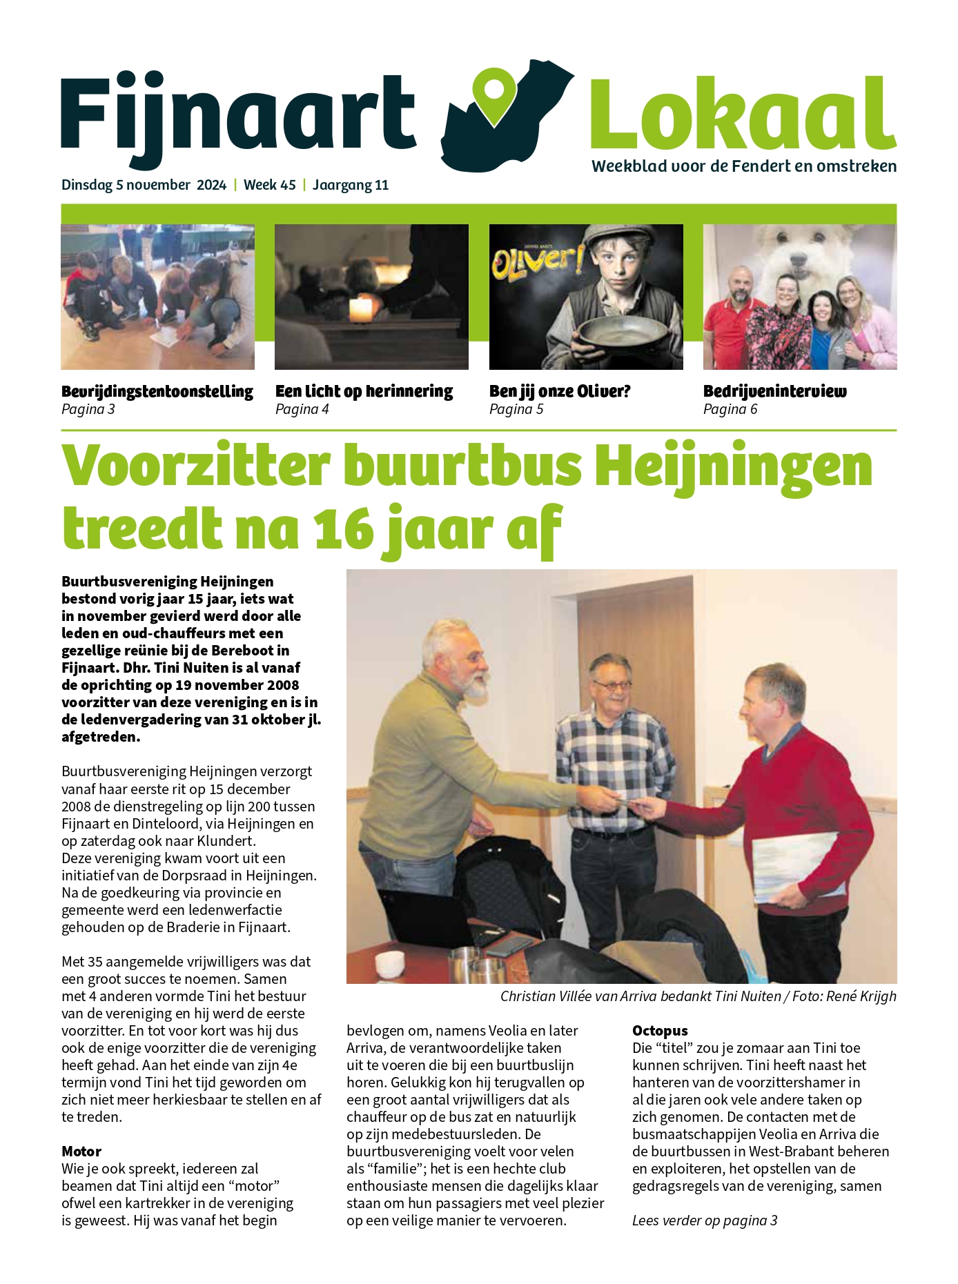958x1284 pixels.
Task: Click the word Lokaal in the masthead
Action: (x=743, y=114)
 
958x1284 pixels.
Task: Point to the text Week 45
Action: (x=270, y=185)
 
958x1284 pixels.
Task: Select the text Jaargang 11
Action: (x=351, y=185)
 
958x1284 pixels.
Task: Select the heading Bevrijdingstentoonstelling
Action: (x=157, y=391)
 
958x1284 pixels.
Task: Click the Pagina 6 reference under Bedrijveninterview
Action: (x=730, y=409)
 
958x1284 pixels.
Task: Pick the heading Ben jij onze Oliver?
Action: (x=560, y=391)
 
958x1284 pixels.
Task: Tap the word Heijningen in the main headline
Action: (x=734, y=466)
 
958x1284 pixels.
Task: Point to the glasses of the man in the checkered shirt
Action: (x=612, y=685)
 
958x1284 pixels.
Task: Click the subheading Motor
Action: (x=81, y=1152)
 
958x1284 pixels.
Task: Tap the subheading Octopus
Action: (x=660, y=1031)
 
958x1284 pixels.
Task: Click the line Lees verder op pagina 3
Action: (x=705, y=1221)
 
